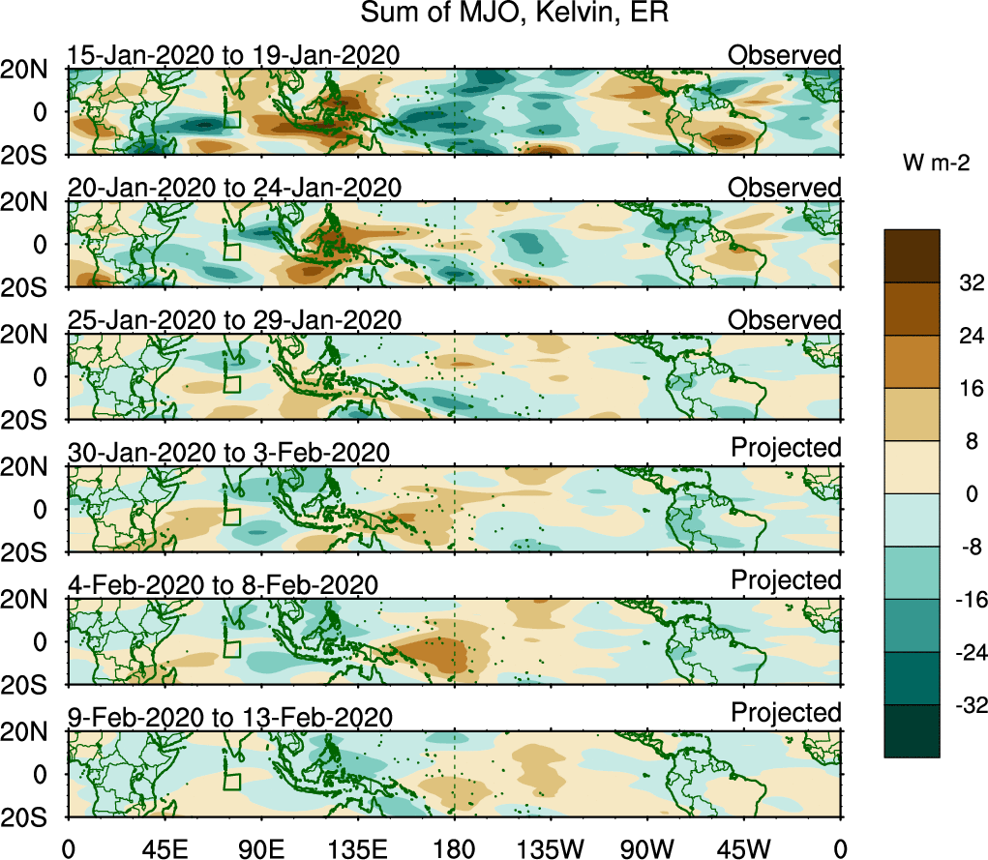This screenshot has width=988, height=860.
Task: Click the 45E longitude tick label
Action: pyautogui.click(x=163, y=849)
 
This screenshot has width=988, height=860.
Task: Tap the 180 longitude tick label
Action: pyautogui.click(x=454, y=849)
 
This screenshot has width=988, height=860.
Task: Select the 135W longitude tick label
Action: pyautogui.click(x=550, y=849)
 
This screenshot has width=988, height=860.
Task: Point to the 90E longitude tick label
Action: pyautogui.click(x=260, y=849)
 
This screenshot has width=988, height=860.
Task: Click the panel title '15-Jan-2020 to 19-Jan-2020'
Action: pyautogui.click(x=232, y=55)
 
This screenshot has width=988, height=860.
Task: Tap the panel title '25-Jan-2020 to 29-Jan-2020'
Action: pyautogui.click(x=232, y=320)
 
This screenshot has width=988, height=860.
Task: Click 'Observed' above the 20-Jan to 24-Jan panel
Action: pyautogui.click(x=785, y=188)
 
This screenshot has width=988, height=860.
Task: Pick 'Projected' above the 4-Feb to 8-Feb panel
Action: pyautogui.click(x=786, y=580)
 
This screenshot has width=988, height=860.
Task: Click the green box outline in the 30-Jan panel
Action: pyautogui.click(x=231, y=515)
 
